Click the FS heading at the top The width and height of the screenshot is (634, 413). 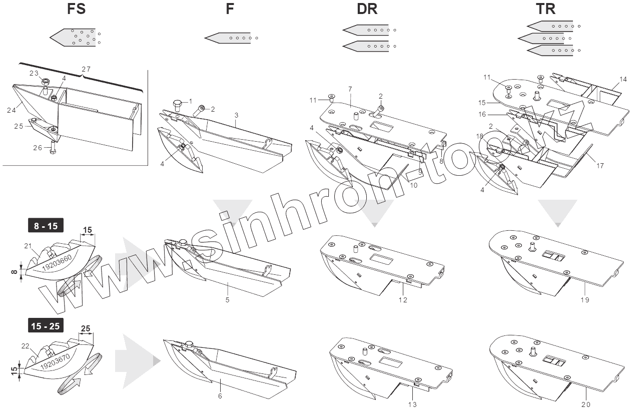pyautogui.click(x=80, y=9)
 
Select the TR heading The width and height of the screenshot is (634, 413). pyautogui.click(x=545, y=9)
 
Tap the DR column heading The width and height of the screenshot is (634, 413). pyautogui.click(x=367, y=9)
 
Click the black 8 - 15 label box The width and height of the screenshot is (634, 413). pyautogui.click(x=46, y=226)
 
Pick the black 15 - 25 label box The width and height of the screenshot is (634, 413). pyautogui.click(x=46, y=326)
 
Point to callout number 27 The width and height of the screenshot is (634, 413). pyautogui.click(x=86, y=69)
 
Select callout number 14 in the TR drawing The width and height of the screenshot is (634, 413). pyautogui.click(x=622, y=79)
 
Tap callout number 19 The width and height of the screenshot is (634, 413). pyautogui.click(x=585, y=300)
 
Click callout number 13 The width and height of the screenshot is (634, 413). pyautogui.click(x=412, y=404)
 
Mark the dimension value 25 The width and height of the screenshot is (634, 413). pyautogui.click(x=86, y=328)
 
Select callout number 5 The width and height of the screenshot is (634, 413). pyautogui.click(x=228, y=300)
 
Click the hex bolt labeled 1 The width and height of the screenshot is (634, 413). pyautogui.click(x=178, y=104)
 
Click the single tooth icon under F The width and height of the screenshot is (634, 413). pyautogui.click(x=228, y=37)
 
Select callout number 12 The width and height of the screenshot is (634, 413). pyautogui.click(x=403, y=300)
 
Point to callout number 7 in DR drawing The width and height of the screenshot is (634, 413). pyautogui.click(x=350, y=89)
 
